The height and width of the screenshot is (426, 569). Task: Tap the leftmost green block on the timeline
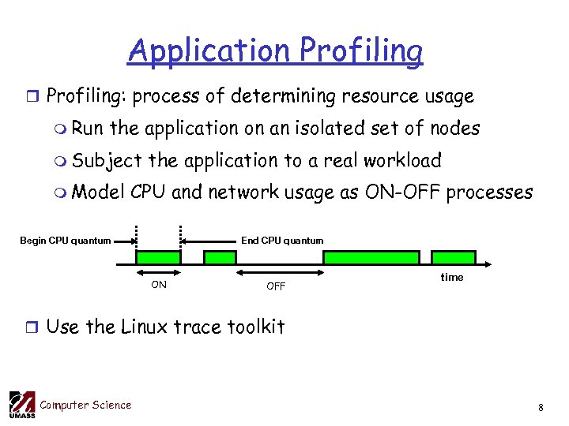click(x=158, y=258)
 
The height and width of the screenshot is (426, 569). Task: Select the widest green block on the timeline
click(x=371, y=258)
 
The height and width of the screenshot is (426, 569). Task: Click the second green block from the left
click(x=220, y=258)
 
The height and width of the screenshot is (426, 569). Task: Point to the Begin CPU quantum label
click(x=65, y=241)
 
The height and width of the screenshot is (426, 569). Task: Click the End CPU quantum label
click(x=282, y=241)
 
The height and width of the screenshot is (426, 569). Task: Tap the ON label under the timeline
click(x=159, y=285)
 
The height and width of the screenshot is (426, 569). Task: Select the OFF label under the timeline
click(x=276, y=286)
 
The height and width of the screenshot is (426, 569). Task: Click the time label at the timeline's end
click(x=452, y=277)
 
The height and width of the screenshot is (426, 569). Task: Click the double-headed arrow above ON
click(x=159, y=273)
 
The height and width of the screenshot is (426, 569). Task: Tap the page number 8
click(x=541, y=408)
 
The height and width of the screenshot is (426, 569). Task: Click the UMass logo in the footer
click(x=21, y=405)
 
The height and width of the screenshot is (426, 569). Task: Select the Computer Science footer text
click(x=85, y=405)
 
